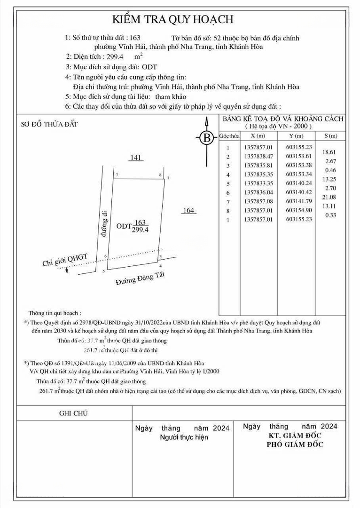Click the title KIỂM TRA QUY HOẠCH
click(x=172, y=19)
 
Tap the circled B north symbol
click(x=206, y=138)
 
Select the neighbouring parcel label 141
click(x=136, y=158)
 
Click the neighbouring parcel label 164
click(x=188, y=211)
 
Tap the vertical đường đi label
click(x=99, y=226)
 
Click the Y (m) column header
click(x=296, y=136)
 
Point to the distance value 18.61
click(x=329, y=152)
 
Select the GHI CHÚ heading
click(x=73, y=413)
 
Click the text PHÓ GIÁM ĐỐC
click(x=295, y=444)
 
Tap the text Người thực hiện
click(x=184, y=437)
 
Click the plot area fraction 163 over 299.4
click(x=140, y=226)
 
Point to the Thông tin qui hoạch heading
click(x=55, y=313)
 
